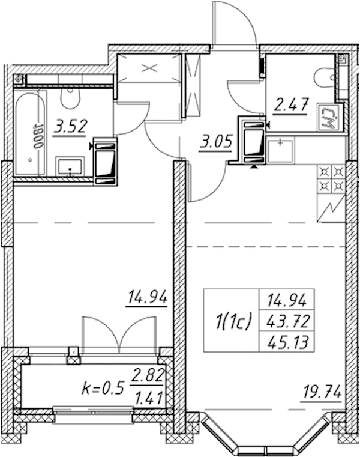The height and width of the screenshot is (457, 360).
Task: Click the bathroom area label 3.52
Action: click(70, 127)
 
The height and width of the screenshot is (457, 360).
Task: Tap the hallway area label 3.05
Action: click(215, 143)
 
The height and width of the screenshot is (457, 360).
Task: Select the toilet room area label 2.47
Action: click(291, 105)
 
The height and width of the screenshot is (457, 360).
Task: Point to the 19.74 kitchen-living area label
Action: click(322, 393)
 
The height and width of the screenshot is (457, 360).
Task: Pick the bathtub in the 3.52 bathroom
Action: click(31, 133)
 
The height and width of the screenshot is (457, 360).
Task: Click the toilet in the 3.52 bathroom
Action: click(70, 98)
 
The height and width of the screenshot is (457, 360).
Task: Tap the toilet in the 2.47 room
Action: click(325, 77)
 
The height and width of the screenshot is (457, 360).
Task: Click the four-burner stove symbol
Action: click(330, 179)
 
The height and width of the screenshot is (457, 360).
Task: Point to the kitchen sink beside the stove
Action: click(280, 150)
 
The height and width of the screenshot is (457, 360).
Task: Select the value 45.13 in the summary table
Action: click(287, 342)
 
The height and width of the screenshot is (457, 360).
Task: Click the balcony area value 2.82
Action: click(148, 376)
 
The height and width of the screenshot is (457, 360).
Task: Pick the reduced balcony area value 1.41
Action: click(149, 398)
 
